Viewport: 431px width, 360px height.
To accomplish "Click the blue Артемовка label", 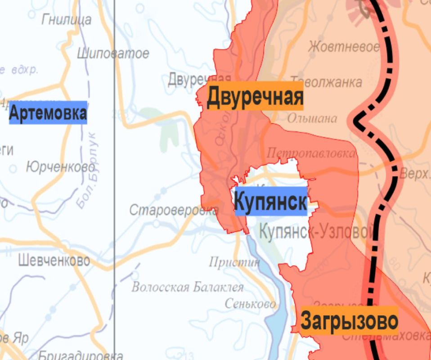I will (x=48, y=113).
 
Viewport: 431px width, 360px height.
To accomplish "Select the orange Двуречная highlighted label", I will (x=255, y=96).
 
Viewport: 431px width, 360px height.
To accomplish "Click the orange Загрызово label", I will (x=349, y=321).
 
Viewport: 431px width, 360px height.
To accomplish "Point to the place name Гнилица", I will (x=66, y=19).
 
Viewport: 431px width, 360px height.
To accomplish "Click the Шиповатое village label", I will (x=112, y=54).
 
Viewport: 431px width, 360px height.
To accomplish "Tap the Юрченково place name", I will (x=60, y=167).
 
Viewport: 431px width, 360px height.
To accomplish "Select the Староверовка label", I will (x=174, y=210).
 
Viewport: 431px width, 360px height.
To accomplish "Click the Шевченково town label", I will (x=54, y=260).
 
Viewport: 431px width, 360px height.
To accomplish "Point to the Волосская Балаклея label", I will (x=187, y=287).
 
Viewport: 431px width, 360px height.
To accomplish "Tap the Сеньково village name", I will (x=250, y=304).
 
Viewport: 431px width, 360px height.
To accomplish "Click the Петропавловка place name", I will (x=310, y=153).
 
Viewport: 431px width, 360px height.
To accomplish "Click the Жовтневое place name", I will (x=344, y=47).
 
